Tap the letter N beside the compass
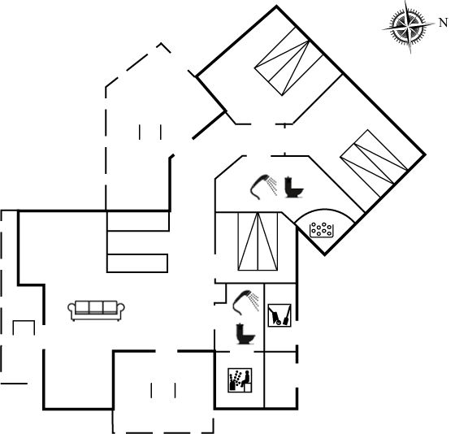[444, 23]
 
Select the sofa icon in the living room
[97, 310]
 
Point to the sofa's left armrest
[71, 308]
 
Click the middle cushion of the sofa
[96, 307]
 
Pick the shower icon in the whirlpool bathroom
[263, 187]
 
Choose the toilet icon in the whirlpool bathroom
[293, 187]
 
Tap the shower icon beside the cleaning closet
[245, 302]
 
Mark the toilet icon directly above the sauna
[245, 333]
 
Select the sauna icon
[240, 380]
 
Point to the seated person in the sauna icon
[246, 379]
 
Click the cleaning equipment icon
[279, 315]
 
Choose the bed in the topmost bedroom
[288, 61]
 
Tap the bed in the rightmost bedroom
[374, 163]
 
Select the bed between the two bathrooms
[258, 241]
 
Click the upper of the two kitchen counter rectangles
[138, 221]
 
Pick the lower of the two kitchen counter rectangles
[137, 263]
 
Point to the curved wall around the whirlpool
[324, 209]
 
